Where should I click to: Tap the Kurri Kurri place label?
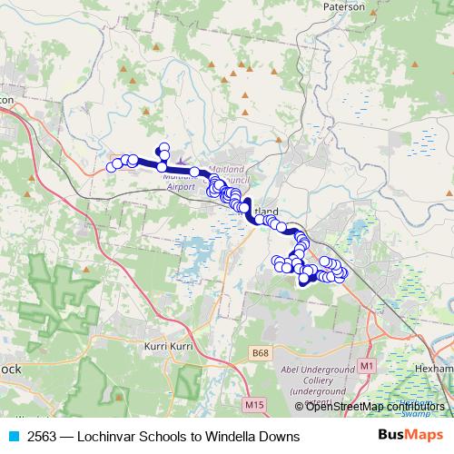click(172, 347)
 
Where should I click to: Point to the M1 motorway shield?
click(366, 365)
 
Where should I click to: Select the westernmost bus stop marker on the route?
click(113, 166)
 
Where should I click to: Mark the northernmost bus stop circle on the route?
click(164, 147)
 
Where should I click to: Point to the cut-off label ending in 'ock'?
click(9, 370)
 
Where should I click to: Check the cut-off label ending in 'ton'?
click(8, 97)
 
